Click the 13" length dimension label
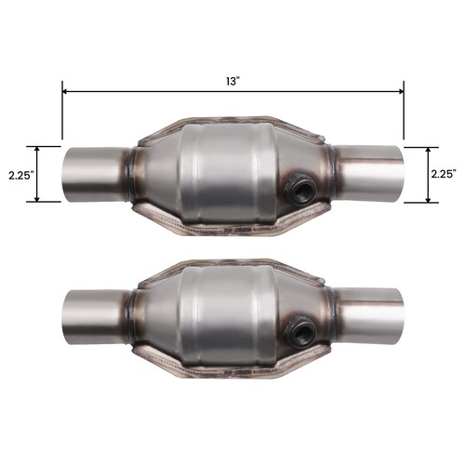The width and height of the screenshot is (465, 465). (232, 81)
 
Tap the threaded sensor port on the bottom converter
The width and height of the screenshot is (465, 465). (299, 327)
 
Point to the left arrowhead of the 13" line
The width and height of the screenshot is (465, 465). (66, 91)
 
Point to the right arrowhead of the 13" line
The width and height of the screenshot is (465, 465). (399, 91)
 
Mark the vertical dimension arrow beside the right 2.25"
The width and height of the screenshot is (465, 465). (428, 173)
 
